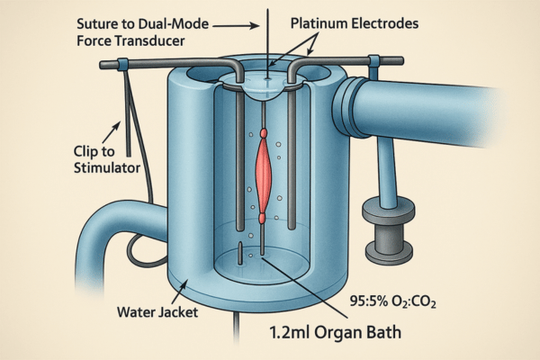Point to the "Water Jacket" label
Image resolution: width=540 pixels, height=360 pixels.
(156, 315)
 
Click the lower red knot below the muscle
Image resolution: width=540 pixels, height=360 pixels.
(263, 217)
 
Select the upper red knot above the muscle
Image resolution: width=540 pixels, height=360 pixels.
(263, 133)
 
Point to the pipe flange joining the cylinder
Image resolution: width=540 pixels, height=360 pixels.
(346, 105)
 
